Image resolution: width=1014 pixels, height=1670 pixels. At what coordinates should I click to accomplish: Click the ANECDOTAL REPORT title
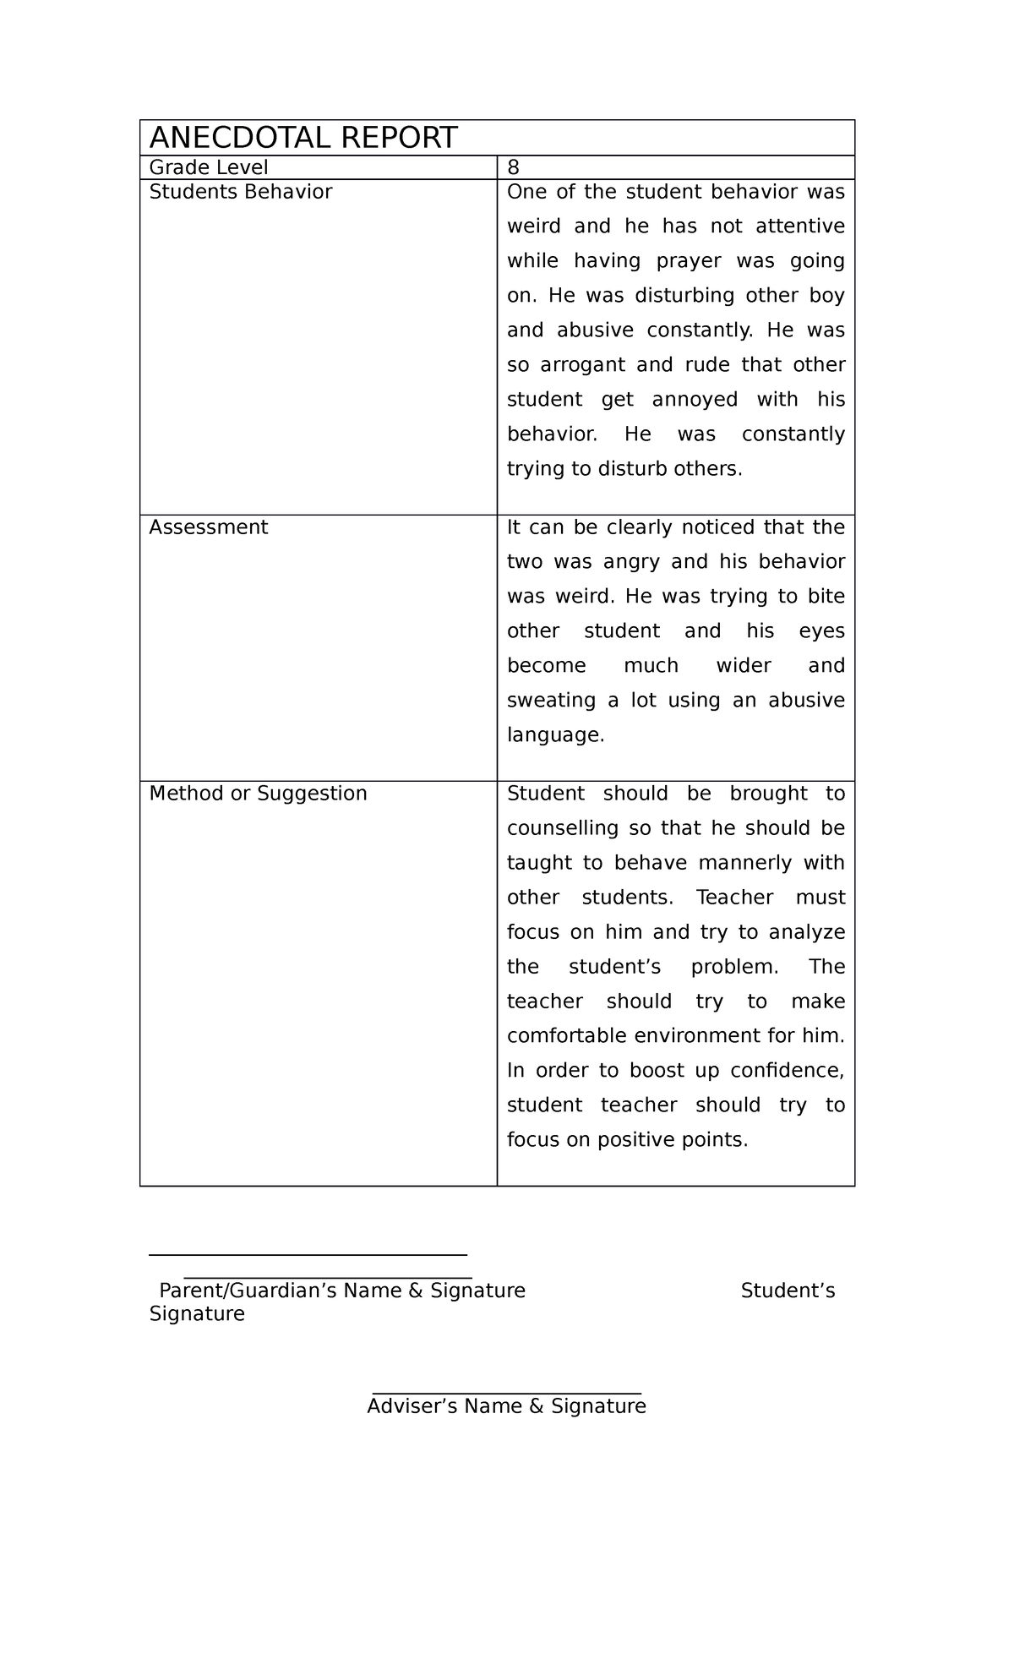tap(303, 138)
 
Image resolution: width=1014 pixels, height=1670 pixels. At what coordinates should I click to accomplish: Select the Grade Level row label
tap(209, 168)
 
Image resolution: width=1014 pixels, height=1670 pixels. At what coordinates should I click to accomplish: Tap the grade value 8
tap(513, 168)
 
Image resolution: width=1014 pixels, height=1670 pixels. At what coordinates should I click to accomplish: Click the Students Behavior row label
tap(241, 192)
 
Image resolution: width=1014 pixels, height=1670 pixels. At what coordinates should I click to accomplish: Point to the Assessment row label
tap(209, 527)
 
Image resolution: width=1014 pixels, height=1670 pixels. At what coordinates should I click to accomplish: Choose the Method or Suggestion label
tap(259, 794)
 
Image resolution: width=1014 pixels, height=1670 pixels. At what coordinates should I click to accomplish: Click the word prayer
tap(689, 261)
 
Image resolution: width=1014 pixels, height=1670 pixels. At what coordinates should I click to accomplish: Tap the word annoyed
tap(695, 400)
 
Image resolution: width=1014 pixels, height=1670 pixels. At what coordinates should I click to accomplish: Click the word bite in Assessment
tap(826, 597)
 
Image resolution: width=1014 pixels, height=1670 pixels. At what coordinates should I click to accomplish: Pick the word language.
tap(554, 735)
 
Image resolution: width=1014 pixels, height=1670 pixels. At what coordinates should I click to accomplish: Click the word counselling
tap(562, 828)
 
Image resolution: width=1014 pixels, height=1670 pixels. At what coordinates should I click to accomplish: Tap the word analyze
tap(807, 932)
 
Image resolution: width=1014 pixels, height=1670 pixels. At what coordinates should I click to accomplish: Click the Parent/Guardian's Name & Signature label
tap(342, 1291)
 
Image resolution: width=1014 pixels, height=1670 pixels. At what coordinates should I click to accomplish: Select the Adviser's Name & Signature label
tap(506, 1406)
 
